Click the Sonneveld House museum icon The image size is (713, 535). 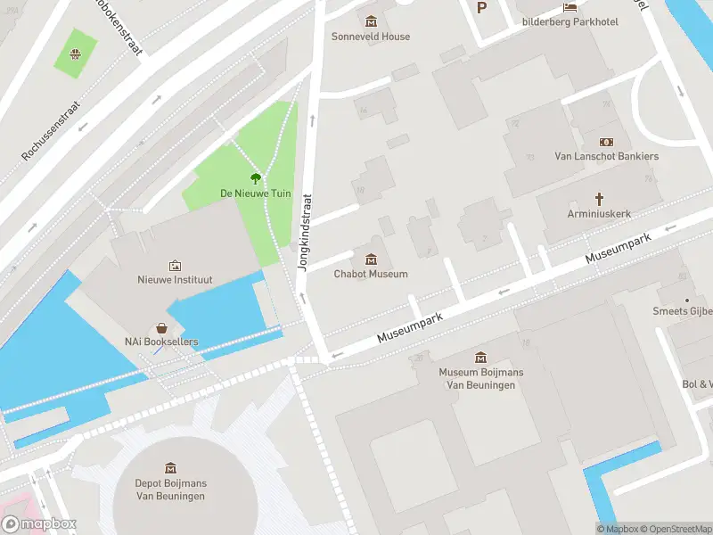point(371,21)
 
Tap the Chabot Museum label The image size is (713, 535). point(371,275)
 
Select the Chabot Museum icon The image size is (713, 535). point(371,259)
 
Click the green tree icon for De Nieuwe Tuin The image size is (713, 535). point(256,178)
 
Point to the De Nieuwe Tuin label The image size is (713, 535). point(255,193)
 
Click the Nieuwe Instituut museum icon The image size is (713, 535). point(175,265)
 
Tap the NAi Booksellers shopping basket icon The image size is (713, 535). point(161,327)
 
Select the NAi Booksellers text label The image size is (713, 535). point(161,342)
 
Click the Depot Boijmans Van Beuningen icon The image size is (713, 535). point(170,467)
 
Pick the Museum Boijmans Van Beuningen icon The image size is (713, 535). point(481,357)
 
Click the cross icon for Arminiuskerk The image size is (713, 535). point(599,199)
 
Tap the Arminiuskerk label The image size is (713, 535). point(599,215)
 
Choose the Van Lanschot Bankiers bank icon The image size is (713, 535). point(606,142)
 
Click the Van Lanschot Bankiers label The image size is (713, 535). point(606,157)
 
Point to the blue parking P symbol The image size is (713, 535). point(482,7)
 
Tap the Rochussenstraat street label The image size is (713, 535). point(51,130)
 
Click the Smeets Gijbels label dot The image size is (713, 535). point(686,300)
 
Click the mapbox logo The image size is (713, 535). point(39,524)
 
